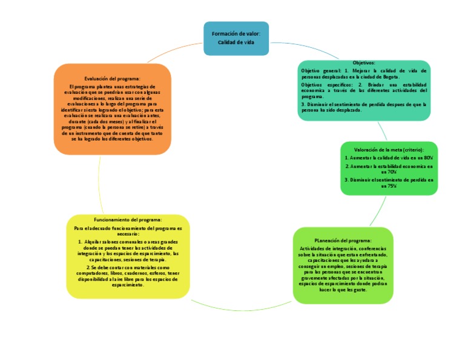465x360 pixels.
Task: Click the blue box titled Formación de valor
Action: pyautogui.click(x=236, y=38)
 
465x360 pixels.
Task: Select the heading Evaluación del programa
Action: pyautogui.click(x=112, y=78)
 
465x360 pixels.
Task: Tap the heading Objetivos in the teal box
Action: pyautogui.click(x=364, y=63)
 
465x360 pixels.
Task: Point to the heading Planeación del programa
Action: pyautogui.click(x=343, y=241)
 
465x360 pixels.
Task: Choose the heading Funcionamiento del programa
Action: pyautogui.click(x=128, y=219)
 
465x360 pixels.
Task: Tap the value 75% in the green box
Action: pyautogui.click(x=392, y=187)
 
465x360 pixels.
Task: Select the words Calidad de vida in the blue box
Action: pyautogui.click(x=236, y=42)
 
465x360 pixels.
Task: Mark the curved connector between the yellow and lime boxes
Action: pyautogui.click(x=242, y=308)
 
